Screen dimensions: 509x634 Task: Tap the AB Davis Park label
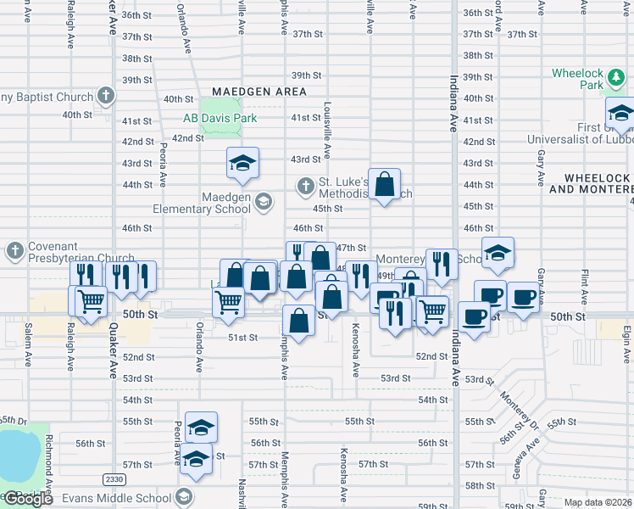pos(220,119)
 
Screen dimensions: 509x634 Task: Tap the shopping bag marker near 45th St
pos(385,184)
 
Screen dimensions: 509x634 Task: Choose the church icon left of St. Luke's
pos(306,185)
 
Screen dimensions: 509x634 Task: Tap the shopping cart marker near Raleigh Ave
pos(91,300)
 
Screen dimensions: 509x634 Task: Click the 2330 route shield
pos(114,479)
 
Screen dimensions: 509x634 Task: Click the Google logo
pos(27,499)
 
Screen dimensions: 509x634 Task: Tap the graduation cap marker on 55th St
pos(202,427)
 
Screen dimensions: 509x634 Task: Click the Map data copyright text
pos(597,502)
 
